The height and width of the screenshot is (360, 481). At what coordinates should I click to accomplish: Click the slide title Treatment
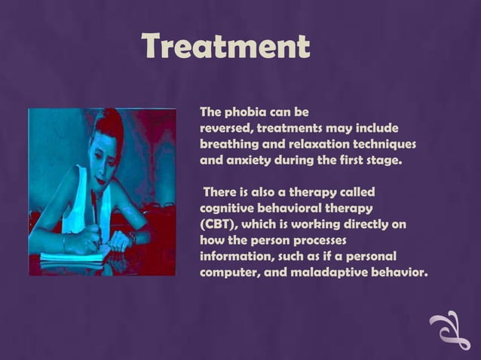click(x=225, y=47)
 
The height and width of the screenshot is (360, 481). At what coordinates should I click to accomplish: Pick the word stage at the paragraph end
click(x=384, y=161)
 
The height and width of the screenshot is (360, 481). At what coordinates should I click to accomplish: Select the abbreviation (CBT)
click(x=219, y=224)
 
